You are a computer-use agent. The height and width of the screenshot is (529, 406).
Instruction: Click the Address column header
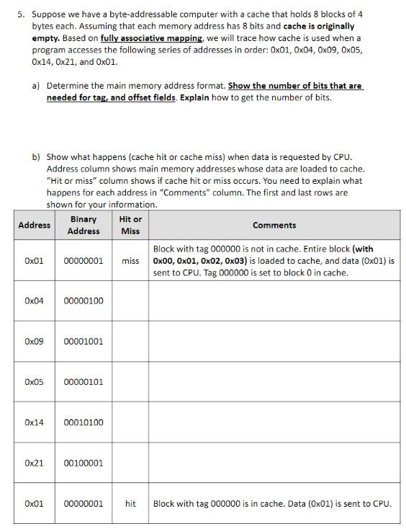point(34,225)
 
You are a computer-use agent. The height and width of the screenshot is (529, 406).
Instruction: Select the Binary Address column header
point(84,225)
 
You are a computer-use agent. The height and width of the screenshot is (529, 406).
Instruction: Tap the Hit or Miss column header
point(130,225)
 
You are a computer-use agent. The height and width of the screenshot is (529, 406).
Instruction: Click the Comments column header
point(274,225)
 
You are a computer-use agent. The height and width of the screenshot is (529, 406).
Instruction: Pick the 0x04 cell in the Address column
point(34,300)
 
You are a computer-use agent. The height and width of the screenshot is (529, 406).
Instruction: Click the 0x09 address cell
point(34,341)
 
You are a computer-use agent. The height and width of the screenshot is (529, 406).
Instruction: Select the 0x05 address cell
point(34,381)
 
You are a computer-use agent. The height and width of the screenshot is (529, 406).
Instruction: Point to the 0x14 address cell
point(34,422)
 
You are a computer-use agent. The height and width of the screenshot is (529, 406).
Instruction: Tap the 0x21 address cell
point(34,463)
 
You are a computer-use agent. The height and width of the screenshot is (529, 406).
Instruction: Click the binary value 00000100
point(84,300)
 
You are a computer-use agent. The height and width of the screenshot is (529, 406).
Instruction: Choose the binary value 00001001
point(84,341)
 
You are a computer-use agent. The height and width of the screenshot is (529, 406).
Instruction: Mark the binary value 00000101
point(84,381)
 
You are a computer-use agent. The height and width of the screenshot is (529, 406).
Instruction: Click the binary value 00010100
point(84,422)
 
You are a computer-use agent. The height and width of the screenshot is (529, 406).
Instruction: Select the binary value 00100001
point(84,463)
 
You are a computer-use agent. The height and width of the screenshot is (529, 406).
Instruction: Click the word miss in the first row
point(130,260)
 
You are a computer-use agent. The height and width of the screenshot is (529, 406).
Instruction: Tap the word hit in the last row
point(130,503)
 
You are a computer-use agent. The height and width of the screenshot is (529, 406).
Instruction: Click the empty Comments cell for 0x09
point(274,341)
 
